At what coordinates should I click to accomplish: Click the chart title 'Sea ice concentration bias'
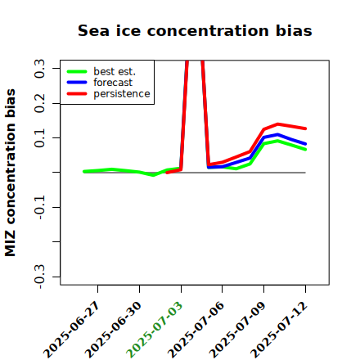tap(195, 30)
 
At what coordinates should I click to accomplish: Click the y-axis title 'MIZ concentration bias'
tap(10, 173)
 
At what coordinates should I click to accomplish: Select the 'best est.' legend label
tap(115, 71)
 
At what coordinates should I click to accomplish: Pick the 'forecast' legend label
tap(113, 83)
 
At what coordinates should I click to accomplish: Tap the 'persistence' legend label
tap(122, 94)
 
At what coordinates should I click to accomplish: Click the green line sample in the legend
tap(77, 71)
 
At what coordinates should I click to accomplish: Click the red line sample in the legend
tap(77, 94)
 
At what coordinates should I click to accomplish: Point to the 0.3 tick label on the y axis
tap(39, 69)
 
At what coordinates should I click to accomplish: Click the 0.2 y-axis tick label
tap(39, 103)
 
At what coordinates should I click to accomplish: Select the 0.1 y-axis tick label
tap(39, 138)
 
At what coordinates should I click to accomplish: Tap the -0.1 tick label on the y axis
tap(39, 207)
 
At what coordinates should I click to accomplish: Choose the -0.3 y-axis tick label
tap(39, 277)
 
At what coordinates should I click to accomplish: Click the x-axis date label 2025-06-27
tap(72, 330)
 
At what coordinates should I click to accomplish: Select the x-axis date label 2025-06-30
tap(114, 330)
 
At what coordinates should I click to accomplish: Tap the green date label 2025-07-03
tap(155, 330)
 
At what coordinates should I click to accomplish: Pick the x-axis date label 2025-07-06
tap(196, 330)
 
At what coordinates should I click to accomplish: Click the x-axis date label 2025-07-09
tap(237, 330)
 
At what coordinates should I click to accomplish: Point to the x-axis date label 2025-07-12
tap(279, 330)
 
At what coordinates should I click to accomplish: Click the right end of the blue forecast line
tap(306, 144)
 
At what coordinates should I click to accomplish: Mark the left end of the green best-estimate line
tap(84, 172)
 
